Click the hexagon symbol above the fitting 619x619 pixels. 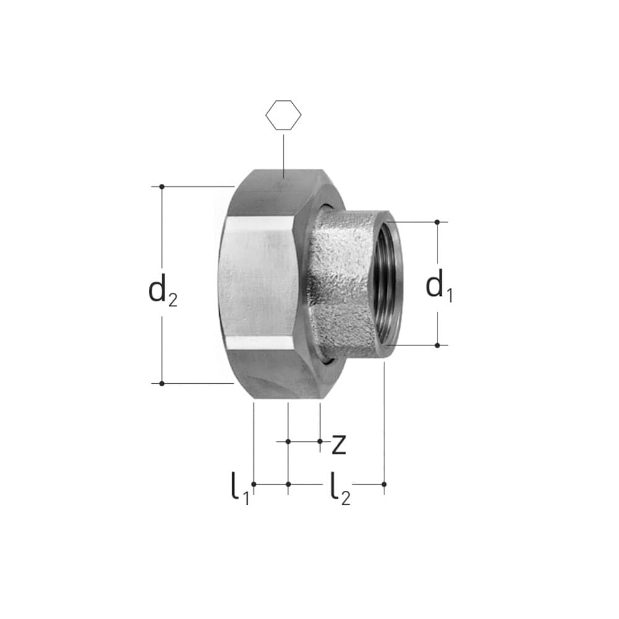(x=283, y=115)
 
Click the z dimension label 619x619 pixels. (x=339, y=444)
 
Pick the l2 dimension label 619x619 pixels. (x=340, y=489)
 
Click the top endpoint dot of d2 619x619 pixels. (x=162, y=186)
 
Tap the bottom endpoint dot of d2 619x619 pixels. (x=162, y=383)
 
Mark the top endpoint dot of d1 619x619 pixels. (x=437, y=222)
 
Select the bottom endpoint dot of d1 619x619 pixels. (x=437, y=345)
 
